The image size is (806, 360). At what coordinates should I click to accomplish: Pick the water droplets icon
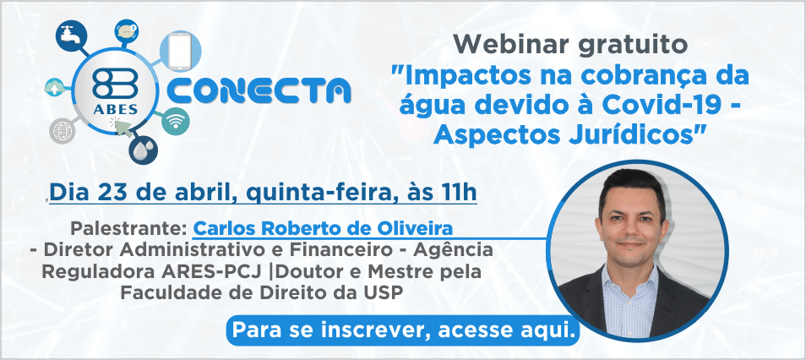[143, 150]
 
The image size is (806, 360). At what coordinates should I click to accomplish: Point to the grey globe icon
[63, 131]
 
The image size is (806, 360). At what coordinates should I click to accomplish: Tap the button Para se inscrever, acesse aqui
[403, 330]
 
